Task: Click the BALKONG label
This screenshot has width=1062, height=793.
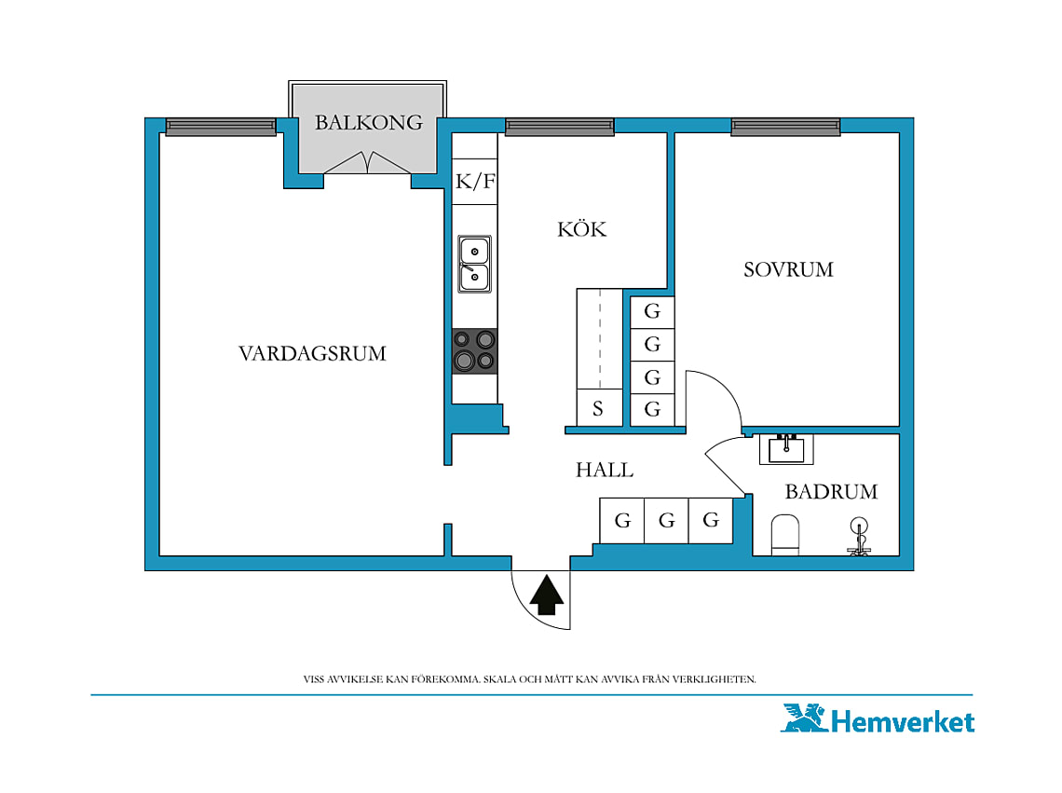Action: coord(369,122)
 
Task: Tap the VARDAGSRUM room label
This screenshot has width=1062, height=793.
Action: coord(312,353)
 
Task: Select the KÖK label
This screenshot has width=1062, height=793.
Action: coord(582,229)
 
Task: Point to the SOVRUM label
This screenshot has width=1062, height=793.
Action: coord(788,269)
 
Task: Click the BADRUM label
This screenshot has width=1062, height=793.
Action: coord(831,491)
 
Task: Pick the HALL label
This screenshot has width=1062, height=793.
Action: coord(605,470)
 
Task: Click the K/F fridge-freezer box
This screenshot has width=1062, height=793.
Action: coord(475,181)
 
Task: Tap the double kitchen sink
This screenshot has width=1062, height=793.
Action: coord(475,265)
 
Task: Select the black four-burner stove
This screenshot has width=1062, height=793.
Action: coord(475,351)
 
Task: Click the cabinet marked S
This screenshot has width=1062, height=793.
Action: coord(599,408)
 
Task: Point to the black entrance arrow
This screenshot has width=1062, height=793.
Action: coord(547,595)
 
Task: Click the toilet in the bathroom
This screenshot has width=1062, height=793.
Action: coord(785,535)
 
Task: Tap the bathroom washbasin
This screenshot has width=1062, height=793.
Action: coord(786,449)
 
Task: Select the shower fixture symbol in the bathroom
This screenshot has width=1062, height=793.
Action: coord(860,537)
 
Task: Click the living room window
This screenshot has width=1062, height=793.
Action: coord(221,127)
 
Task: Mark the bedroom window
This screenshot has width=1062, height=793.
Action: coord(785,127)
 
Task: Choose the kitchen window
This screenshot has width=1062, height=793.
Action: coord(560,127)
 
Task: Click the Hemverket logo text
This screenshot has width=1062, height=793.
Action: coord(902,721)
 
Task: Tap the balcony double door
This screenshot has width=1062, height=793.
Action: coord(368,163)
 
